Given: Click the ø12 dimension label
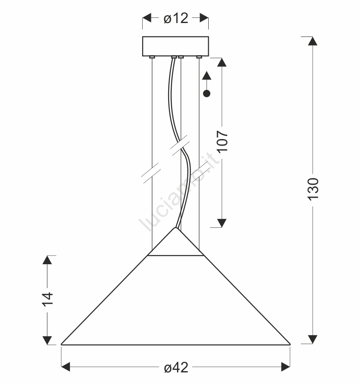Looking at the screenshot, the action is (176, 18).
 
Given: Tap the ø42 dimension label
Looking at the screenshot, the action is (176, 368).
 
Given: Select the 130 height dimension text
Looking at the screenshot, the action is (313, 189).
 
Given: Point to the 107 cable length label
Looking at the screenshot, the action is (222, 141).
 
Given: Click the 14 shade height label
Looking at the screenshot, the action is (47, 299).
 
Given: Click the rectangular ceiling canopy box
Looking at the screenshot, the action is (176, 46).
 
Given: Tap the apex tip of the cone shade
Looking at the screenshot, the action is (176, 228).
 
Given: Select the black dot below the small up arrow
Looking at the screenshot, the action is (207, 93).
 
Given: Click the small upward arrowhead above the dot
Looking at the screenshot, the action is (207, 75).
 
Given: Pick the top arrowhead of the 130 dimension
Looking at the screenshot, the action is (313, 41).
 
